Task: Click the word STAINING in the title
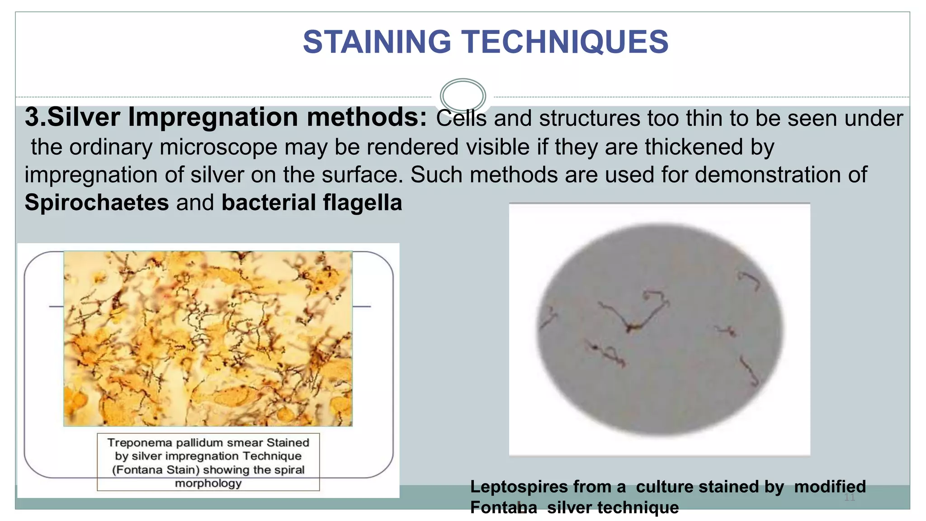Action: point(377,42)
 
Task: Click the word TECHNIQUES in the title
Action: point(566,42)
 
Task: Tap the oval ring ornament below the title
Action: point(463,96)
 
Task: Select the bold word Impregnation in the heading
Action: point(214,117)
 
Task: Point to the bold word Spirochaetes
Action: point(97,202)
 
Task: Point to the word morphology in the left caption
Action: point(208,483)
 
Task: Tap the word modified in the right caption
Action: point(830,487)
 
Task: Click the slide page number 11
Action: point(849,497)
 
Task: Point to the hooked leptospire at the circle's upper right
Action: point(750,280)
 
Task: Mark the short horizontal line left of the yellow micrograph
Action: point(56,307)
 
